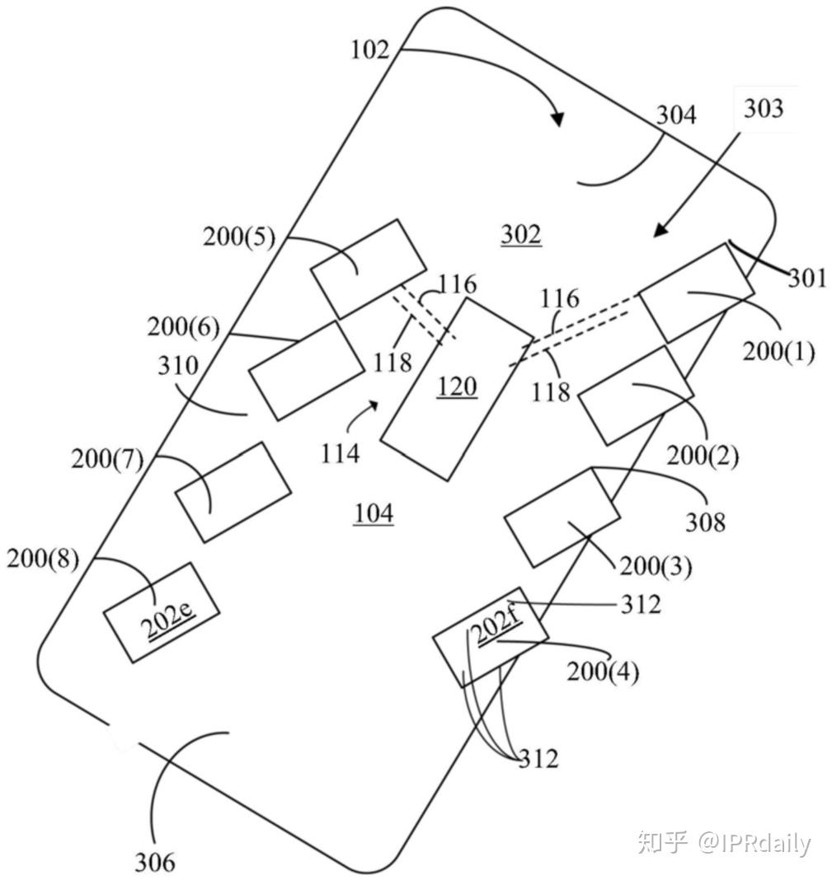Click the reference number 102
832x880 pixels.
[x=369, y=50]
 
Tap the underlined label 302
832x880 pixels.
[x=521, y=236]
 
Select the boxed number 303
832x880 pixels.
[x=764, y=108]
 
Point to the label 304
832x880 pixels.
[x=676, y=115]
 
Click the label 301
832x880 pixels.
[x=806, y=279]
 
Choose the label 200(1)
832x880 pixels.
[x=778, y=352]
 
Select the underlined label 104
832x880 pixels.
[x=374, y=514]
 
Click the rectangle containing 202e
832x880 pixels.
[x=162, y=612]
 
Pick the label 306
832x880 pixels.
[x=155, y=862]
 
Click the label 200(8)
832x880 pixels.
[x=43, y=559]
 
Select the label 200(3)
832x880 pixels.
[x=656, y=567]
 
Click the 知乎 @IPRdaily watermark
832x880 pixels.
[x=724, y=843]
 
